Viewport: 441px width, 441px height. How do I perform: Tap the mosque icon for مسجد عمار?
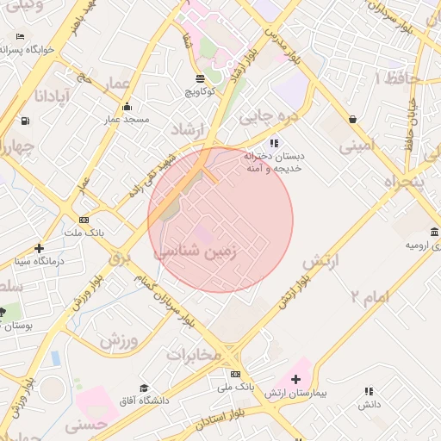pyautogui.click(x=127, y=107)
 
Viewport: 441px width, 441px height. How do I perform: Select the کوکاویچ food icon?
pyautogui.click(x=200, y=78)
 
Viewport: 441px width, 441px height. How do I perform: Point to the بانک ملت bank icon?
pyautogui.click(x=84, y=220)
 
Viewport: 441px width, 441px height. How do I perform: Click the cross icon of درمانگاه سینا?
pyautogui.click(x=39, y=248)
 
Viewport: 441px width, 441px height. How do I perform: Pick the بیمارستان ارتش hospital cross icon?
pyautogui.click(x=295, y=379)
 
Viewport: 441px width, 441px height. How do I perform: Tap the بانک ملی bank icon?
pyautogui.click(x=235, y=375)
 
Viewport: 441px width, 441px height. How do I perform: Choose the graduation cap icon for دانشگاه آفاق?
pyautogui.click(x=145, y=388)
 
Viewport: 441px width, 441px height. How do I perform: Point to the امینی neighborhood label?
pyautogui.click(x=357, y=146)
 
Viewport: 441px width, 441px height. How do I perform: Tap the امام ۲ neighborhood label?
pyautogui.click(x=370, y=297)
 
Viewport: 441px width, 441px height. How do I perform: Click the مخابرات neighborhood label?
pyautogui.click(x=194, y=354)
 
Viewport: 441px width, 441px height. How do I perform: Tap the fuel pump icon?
pyautogui.click(x=25, y=121)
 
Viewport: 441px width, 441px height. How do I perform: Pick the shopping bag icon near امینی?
pyautogui.click(x=352, y=119)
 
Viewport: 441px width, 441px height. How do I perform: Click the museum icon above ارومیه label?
pyautogui.click(x=433, y=233)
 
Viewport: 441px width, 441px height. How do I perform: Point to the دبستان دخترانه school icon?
pyautogui.click(x=274, y=143)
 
